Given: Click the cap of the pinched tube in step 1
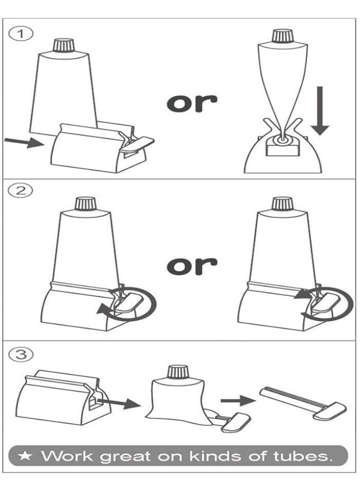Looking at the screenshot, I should coord(282,36).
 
